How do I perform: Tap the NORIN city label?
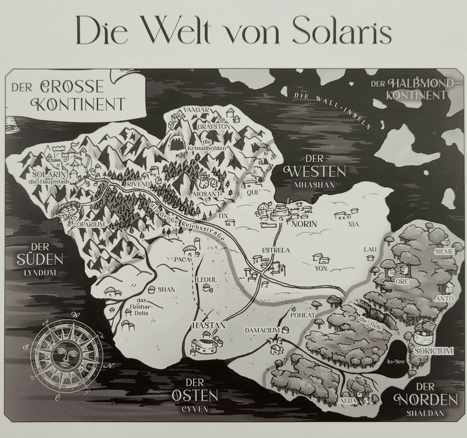(x=304, y=224)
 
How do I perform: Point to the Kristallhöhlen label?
(x=206, y=145)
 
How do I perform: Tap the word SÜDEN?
(x=41, y=260)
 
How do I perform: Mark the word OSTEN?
(x=195, y=395)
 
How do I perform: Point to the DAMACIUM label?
(x=262, y=330)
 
